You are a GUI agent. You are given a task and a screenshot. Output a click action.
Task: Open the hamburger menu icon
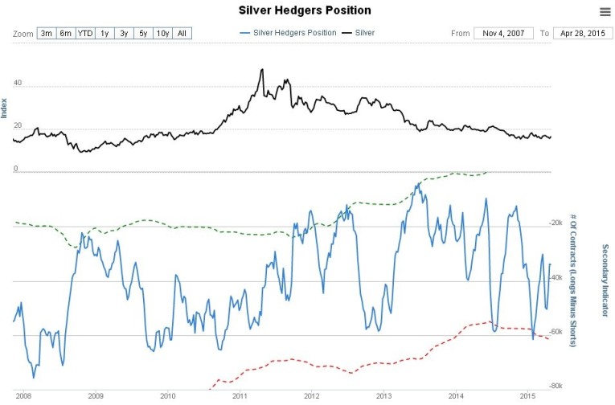tap(605, 11)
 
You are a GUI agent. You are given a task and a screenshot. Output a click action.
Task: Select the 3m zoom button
tap(46, 34)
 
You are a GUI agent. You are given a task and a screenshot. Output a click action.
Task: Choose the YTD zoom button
tap(85, 34)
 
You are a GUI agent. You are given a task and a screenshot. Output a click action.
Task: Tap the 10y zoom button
tap(162, 34)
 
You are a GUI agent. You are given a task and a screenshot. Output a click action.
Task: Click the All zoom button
tap(182, 34)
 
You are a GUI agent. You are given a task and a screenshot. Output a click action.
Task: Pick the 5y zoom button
tap(142, 34)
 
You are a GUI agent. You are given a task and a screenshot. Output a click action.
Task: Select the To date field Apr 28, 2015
tap(578, 34)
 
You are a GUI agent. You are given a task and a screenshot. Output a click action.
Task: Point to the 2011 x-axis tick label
tap(240, 396)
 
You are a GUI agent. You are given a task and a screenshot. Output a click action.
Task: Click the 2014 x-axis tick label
tap(456, 396)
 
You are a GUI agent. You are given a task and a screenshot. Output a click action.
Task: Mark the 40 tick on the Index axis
tap(17, 83)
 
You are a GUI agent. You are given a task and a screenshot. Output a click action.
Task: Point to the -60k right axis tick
tap(553, 331)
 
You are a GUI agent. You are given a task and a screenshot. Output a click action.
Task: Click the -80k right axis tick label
tap(553, 386)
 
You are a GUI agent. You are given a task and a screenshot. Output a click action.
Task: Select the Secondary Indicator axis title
tap(605, 276)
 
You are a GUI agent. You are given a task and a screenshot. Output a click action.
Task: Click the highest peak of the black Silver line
tap(262, 70)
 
